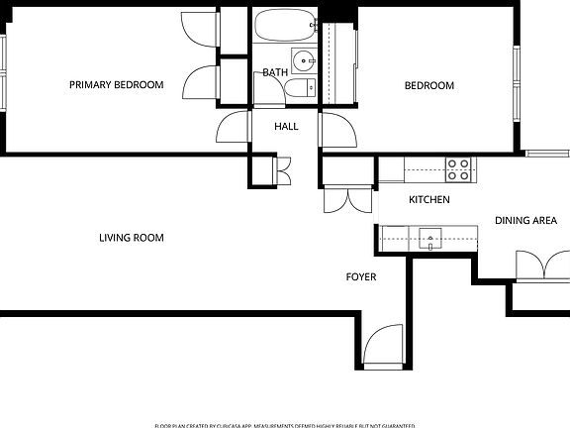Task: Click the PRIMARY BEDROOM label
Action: (116, 85)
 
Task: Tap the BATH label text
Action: (274, 72)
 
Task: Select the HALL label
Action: (286, 127)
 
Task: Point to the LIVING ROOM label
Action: (131, 238)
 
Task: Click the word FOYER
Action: (360, 277)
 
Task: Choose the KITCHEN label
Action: (429, 200)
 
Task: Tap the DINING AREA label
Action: (525, 221)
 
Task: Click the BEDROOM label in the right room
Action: (428, 86)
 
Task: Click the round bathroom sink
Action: (302, 57)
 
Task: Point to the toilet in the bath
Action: (298, 89)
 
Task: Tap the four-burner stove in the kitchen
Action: (457, 169)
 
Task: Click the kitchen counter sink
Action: (429, 237)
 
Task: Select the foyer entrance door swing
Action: (382, 348)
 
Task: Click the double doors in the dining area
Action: (539, 266)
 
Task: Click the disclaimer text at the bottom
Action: (285, 423)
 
